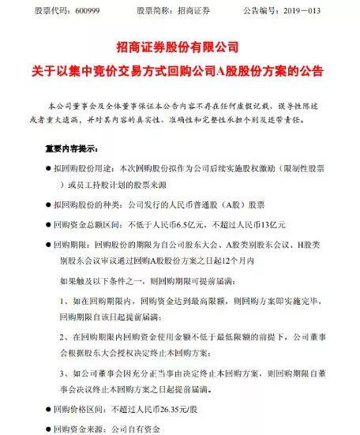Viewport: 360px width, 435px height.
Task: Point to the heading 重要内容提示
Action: click(x=66, y=147)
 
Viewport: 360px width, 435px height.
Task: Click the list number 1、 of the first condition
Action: click(x=66, y=301)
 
